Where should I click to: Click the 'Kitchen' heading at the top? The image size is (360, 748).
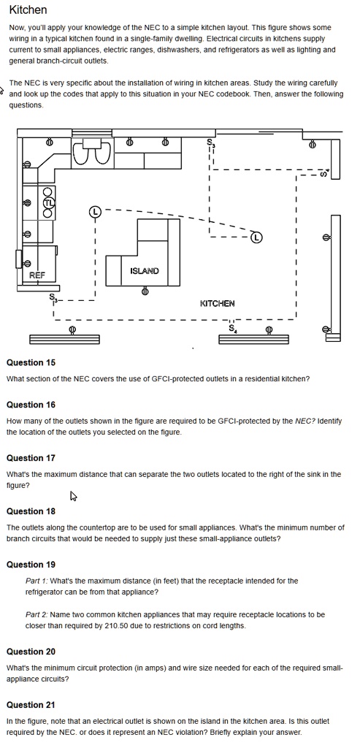pyautogui.click(x=28, y=9)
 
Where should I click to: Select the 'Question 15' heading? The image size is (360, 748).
pyautogui.click(x=31, y=362)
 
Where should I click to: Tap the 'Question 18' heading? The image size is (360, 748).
pyautogui.click(x=31, y=511)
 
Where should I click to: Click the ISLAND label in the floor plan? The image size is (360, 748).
pyautogui.click(x=145, y=271)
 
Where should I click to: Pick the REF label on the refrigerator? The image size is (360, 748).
pyautogui.click(x=37, y=275)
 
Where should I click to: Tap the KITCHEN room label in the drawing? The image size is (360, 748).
pyautogui.click(x=217, y=303)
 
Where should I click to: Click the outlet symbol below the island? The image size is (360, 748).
pyautogui.click(x=145, y=291)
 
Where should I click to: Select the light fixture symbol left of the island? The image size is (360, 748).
pyautogui.click(x=96, y=212)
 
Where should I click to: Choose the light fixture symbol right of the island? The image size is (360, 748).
pyautogui.click(x=256, y=237)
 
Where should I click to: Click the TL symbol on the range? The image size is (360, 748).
pyautogui.click(x=49, y=202)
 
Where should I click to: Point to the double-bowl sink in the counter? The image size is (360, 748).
pyautogui.click(x=92, y=152)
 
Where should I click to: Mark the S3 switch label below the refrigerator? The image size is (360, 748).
pyautogui.click(x=53, y=299)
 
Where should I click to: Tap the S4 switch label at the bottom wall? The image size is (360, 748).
pyautogui.click(x=232, y=329)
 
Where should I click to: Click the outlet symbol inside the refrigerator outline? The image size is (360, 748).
pyautogui.click(x=27, y=263)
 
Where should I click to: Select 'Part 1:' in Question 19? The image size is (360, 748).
pyautogui.click(x=37, y=581)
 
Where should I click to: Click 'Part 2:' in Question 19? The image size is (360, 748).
pyautogui.click(x=37, y=615)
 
